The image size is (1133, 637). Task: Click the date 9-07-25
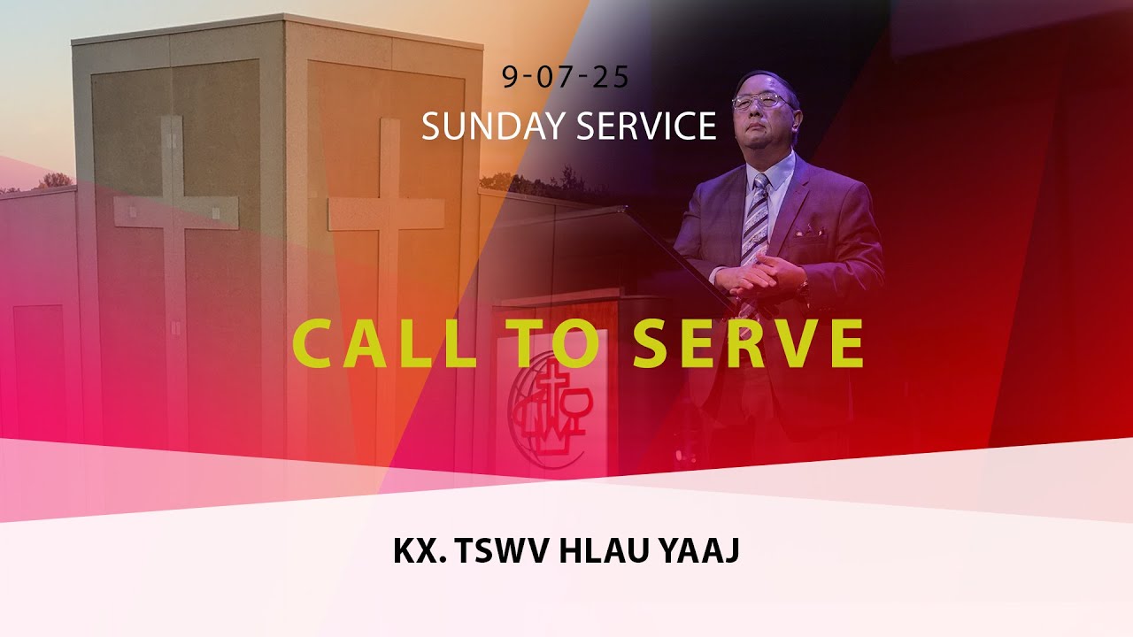[x=565, y=77]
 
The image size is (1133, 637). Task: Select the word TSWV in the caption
[x=503, y=550]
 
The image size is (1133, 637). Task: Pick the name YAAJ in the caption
[x=699, y=550]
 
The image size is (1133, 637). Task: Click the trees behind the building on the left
[x=55, y=180]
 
